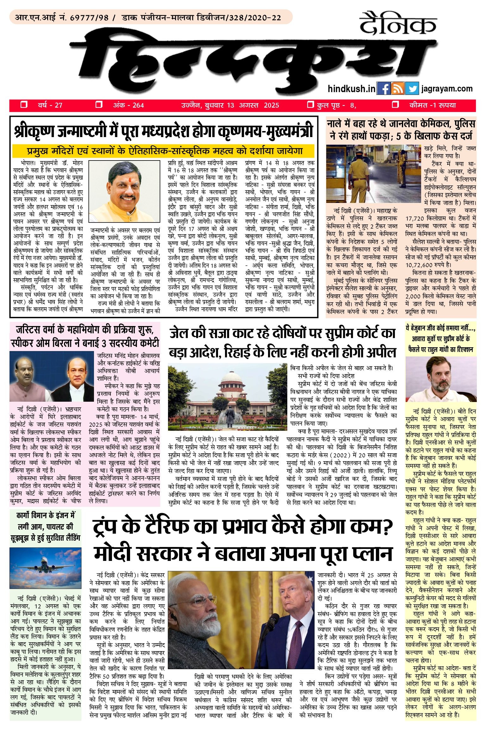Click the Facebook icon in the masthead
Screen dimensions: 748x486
(384, 89)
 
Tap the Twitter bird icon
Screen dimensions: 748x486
(412, 89)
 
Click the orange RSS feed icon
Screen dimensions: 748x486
(398, 89)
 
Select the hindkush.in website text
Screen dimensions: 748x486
(352, 89)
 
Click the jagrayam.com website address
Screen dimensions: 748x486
(447, 89)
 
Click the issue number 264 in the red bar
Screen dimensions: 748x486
(138, 105)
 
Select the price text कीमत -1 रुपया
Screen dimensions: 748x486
(433, 105)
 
